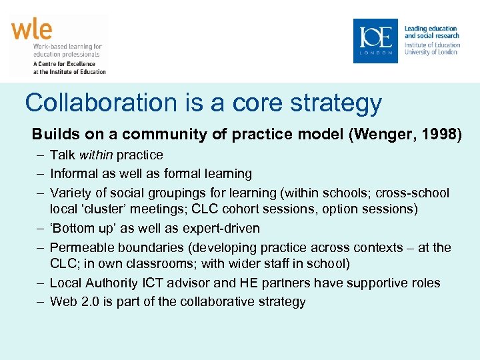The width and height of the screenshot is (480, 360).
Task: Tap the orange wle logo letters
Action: coord(31,30)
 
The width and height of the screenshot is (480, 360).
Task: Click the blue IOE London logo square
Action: coord(375,41)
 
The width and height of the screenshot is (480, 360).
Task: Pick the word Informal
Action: coord(75,174)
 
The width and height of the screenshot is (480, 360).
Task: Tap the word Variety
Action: coord(71,193)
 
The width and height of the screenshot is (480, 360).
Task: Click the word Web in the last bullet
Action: coord(63,302)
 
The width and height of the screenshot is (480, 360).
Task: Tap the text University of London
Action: coord(431,52)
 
